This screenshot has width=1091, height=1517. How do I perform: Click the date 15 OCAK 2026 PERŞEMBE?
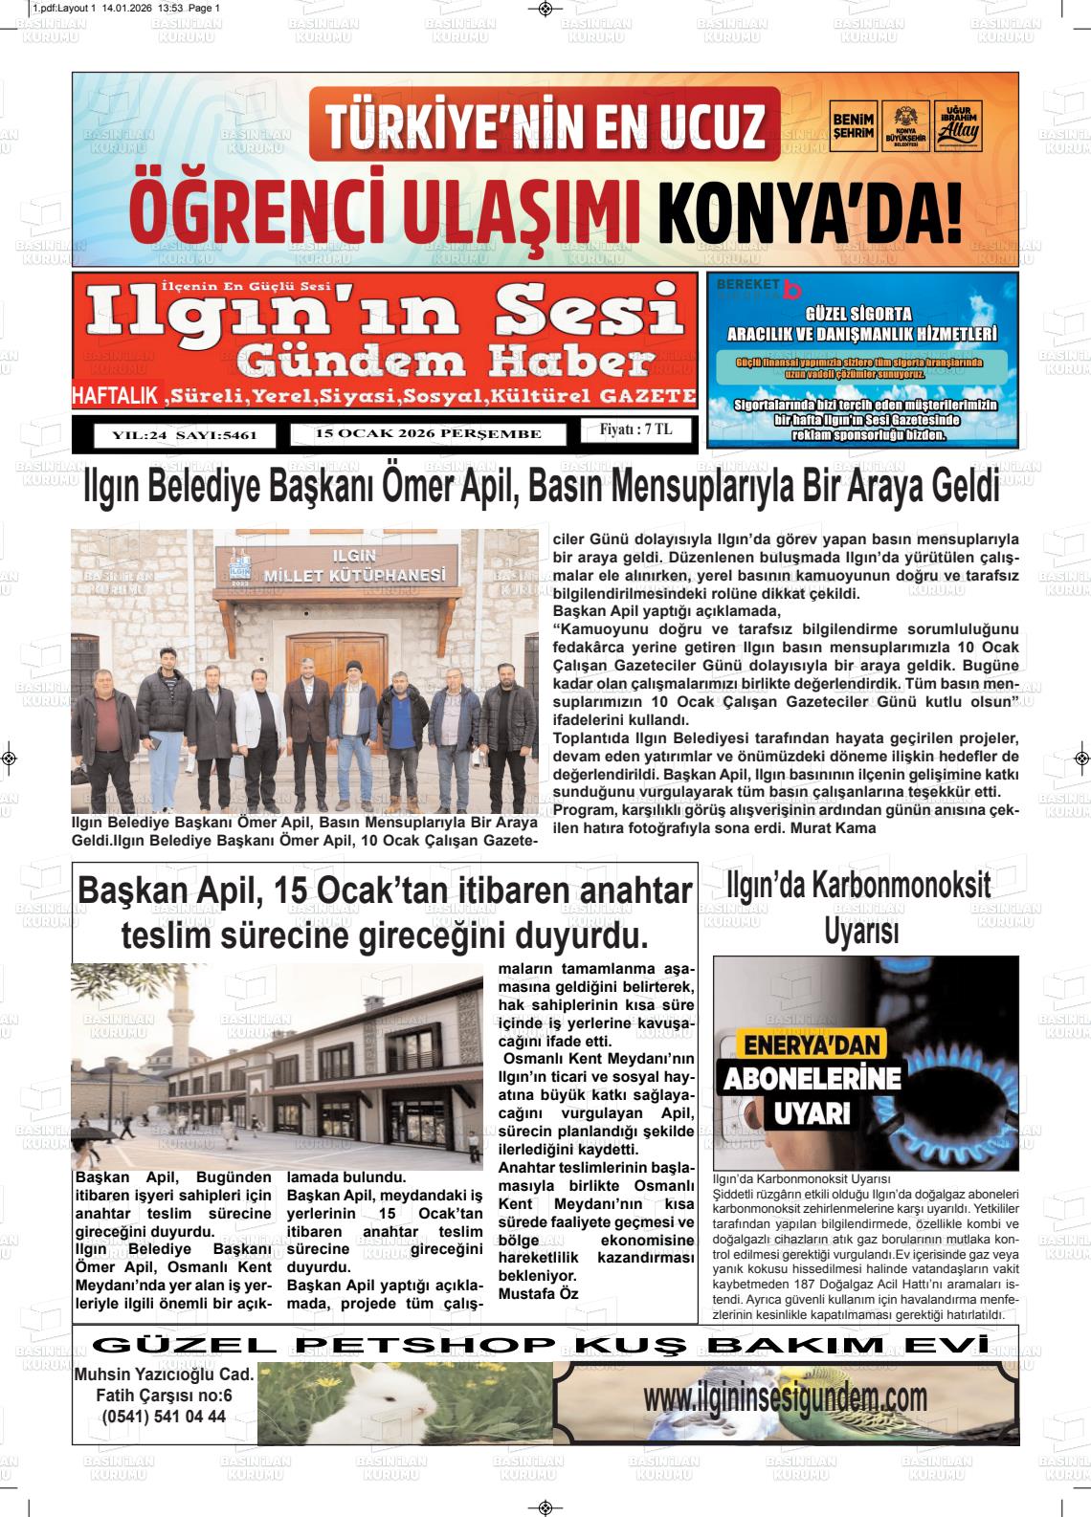pyautogui.click(x=428, y=434)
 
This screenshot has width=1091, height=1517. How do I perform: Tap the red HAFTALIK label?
pyautogui.click(x=118, y=396)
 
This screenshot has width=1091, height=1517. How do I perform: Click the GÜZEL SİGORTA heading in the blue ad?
pyautogui.click(x=860, y=314)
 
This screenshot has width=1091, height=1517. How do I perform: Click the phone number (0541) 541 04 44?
pyautogui.click(x=164, y=1417)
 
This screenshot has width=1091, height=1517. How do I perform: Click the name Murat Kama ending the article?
pyautogui.click(x=829, y=828)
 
